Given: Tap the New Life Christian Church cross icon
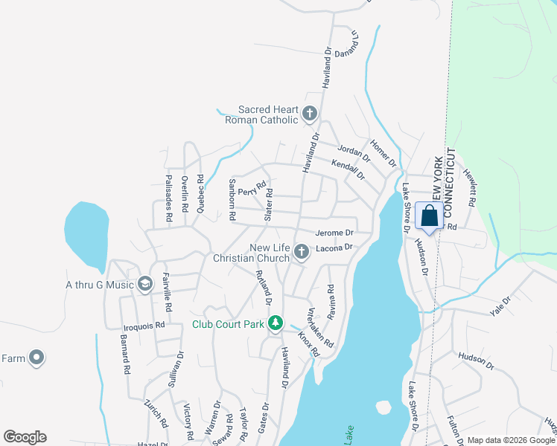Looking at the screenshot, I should click(x=302, y=253).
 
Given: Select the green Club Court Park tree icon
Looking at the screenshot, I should click(x=276, y=323).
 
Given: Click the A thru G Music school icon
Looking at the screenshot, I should click(x=144, y=284).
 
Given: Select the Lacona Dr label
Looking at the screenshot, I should click(x=332, y=248).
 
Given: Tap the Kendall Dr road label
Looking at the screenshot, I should click(x=348, y=171).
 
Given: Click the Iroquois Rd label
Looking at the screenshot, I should click(x=143, y=326).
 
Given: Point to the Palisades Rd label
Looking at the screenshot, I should click(x=169, y=195).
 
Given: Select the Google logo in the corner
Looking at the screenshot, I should click(x=25, y=437).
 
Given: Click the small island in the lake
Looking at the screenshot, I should click(x=383, y=407).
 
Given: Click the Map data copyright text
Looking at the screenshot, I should click(x=511, y=440).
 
